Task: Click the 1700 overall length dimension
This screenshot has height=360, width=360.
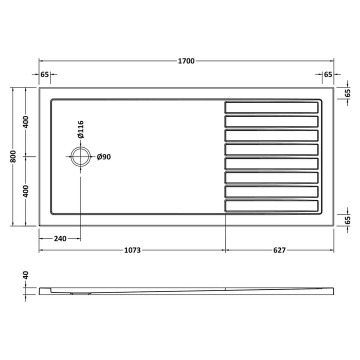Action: click(186, 61)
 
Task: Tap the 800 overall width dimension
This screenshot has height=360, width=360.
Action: click(13, 156)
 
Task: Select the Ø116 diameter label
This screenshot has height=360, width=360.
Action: click(81, 129)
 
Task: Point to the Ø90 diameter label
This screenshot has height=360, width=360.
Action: click(104, 157)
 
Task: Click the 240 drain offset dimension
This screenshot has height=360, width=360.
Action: click(60, 239)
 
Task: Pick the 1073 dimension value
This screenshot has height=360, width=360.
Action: click(132, 250)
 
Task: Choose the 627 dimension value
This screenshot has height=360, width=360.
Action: click(279, 250)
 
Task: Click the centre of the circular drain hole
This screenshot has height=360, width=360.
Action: click(80, 156)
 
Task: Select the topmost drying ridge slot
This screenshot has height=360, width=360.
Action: click(271, 107)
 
